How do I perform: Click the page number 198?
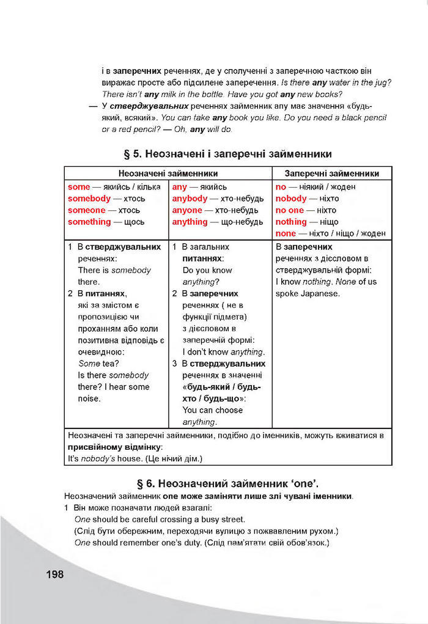click(x=54, y=574)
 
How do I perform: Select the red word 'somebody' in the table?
click(x=89, y=199)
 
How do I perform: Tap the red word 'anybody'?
click(x=190, y=199)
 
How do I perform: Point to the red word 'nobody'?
click(x=291, y=199)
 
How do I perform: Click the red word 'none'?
click(x=286, y=233)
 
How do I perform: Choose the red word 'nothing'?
click(x=291, y=222)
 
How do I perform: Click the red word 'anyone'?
click(x=187, y=210)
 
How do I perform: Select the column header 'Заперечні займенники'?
click(x=332, y=174)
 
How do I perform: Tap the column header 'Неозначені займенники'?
click(x=168, y=174)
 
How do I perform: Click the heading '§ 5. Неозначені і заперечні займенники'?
click(x=227, y=154)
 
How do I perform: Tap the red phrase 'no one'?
click(x=289, y=210)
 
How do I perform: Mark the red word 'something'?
click(x=89, y=222)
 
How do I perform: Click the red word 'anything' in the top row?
click(x=190, y=222)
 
